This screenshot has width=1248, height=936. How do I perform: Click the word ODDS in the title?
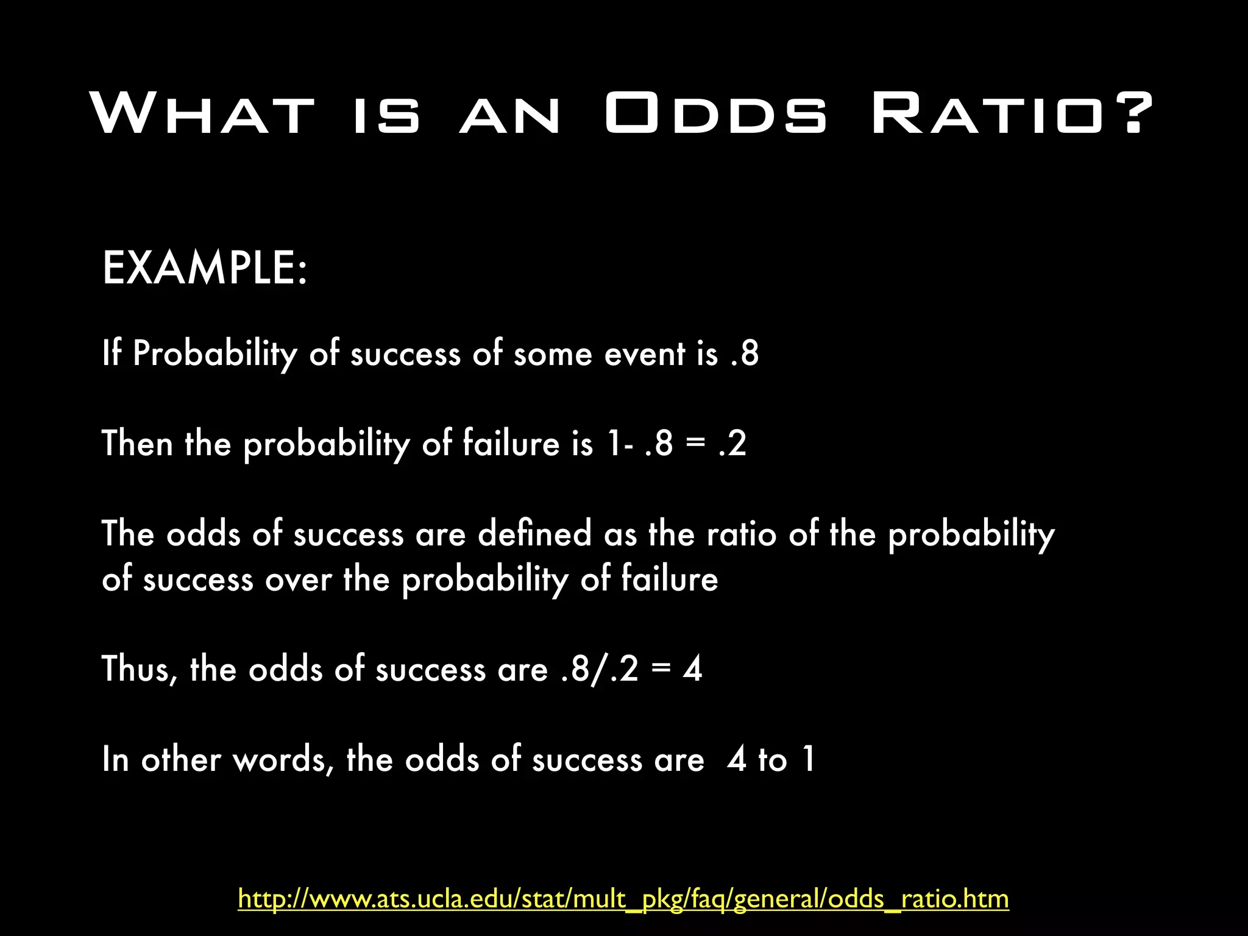pos(716,113)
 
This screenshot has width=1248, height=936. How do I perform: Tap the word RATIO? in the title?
pos(1012,113)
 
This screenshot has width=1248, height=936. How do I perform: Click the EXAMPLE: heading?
pos(205,268)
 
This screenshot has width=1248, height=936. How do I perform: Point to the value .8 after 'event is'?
pos(745,353)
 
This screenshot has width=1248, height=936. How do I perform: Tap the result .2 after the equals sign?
pos(732,443)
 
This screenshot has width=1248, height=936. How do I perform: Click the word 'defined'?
pos(535,534)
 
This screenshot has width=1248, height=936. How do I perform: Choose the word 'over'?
pos(299,579)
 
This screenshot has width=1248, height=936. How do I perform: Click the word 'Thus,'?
pos(140,669)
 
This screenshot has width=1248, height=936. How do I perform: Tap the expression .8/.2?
pos(600,669)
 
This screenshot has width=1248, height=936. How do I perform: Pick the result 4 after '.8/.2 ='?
pos(692,669)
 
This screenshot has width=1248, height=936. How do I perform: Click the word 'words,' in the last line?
pos(283,760)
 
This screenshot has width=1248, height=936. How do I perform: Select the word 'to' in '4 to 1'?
pos(772,760)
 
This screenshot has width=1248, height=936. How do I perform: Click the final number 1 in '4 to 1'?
pos(809,760)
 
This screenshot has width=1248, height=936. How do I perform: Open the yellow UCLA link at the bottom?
pos(623,899)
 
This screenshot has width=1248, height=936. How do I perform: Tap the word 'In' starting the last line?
pos(115,760)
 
